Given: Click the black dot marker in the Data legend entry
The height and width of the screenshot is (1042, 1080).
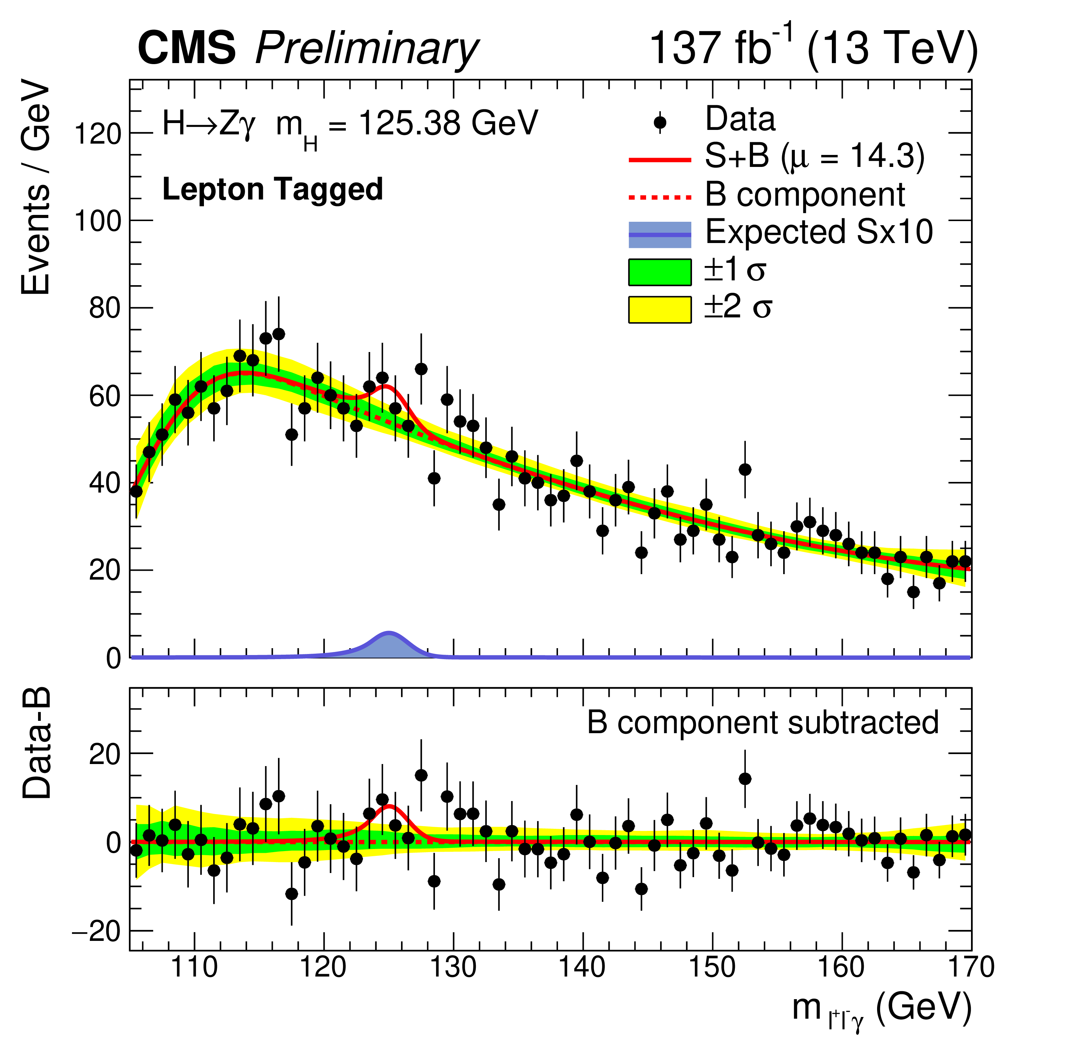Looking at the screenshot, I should point(659,123).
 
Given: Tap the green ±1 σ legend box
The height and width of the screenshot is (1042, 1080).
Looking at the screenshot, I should point(659,272).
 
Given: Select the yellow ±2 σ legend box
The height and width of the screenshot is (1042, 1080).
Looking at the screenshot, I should point(659,309).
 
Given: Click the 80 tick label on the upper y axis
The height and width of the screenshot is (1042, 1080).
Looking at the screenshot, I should point(105,308).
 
